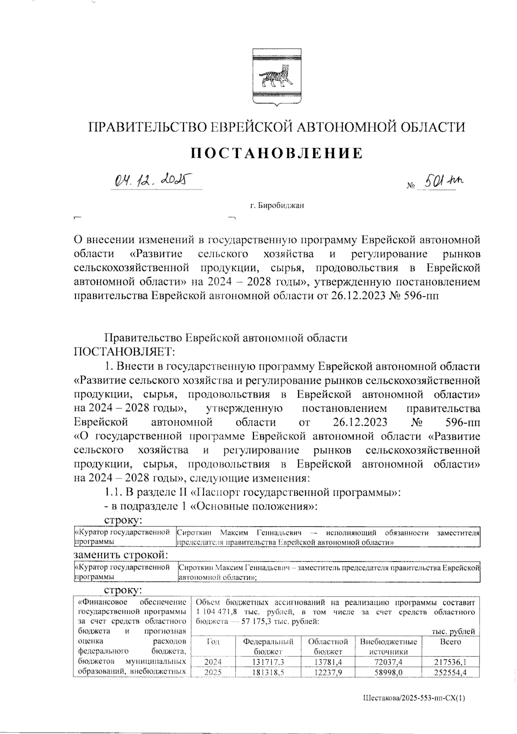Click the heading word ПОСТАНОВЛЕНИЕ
click(x=276, y=153)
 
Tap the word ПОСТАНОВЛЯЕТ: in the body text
click(x=125, y=352)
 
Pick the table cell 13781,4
click(x=328, y=661)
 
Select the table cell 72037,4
click(x=388, y=661)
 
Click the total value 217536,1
click(x=451, y=661)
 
